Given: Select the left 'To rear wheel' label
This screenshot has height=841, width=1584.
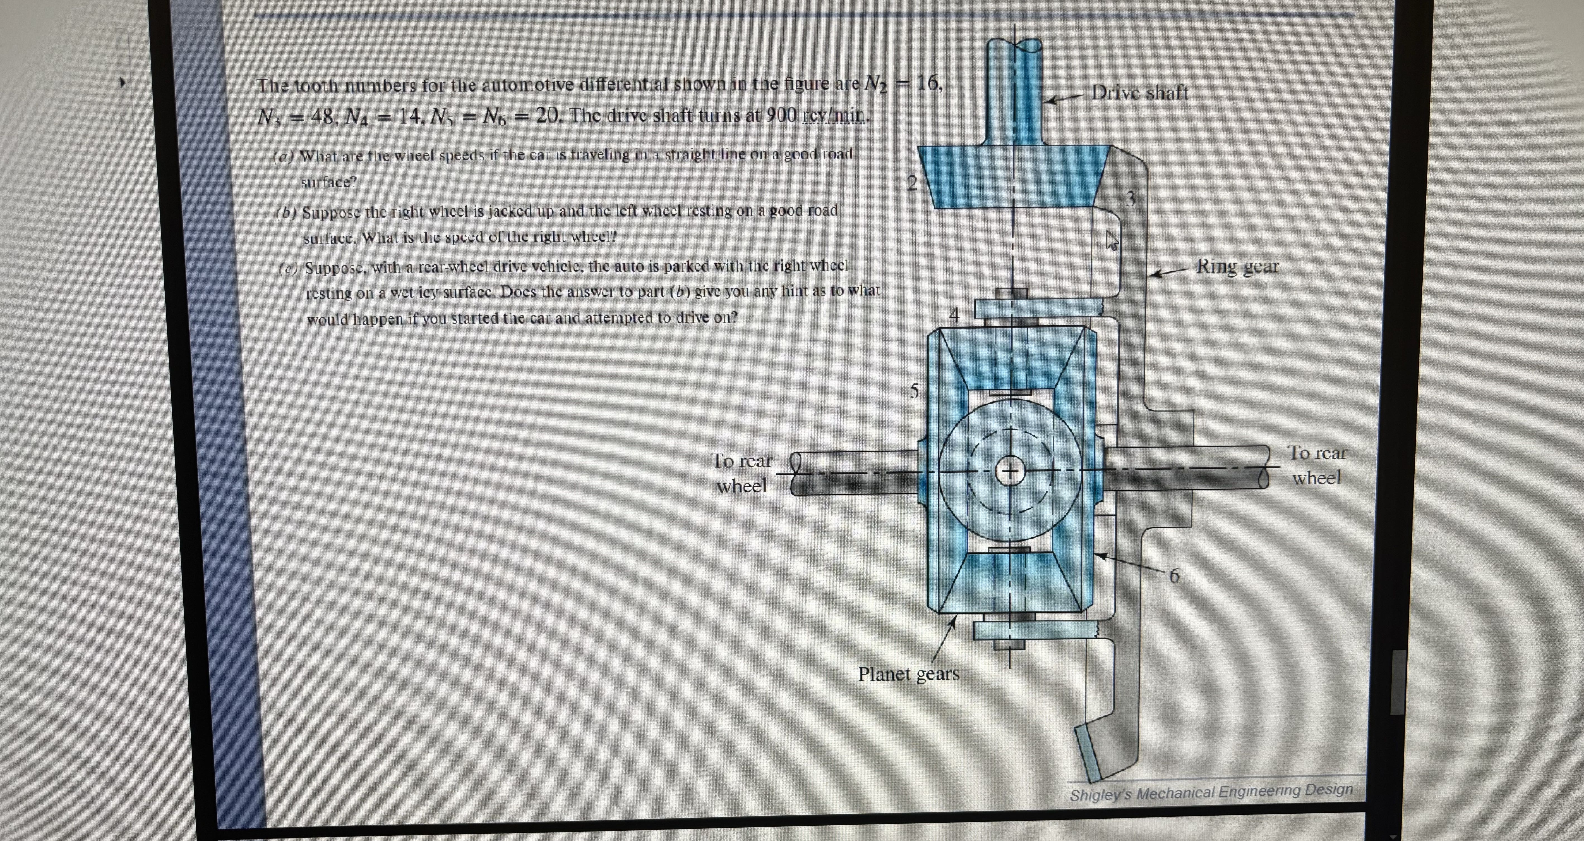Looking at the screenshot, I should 741,473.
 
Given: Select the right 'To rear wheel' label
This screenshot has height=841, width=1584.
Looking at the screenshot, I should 1317,465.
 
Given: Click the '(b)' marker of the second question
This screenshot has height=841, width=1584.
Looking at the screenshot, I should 286,213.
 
